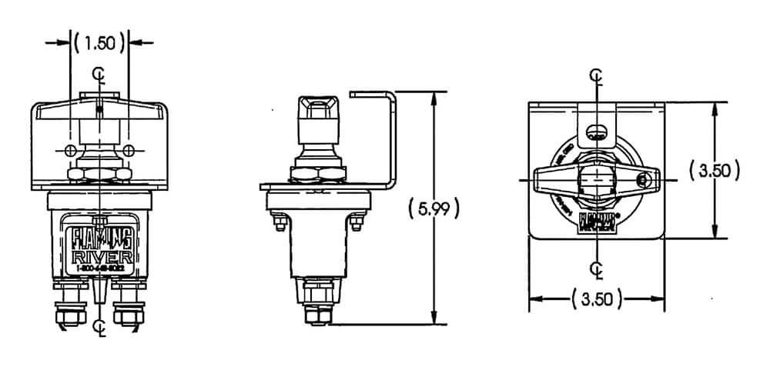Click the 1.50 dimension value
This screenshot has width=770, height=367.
click(x=99, y=43)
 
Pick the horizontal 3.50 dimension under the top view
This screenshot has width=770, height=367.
click(x=596, y=299)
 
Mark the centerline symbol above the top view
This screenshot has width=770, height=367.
click(x=596, y=75)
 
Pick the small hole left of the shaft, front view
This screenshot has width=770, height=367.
click(x=71, y=148)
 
